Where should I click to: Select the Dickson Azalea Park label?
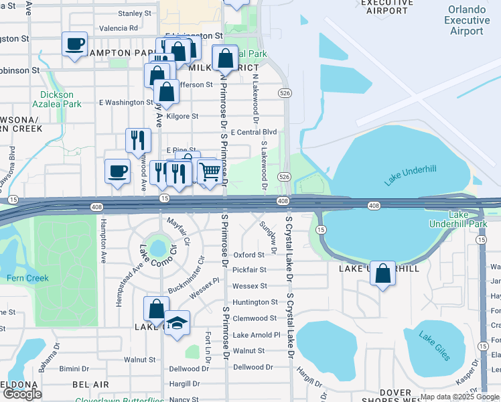tap(56, 99)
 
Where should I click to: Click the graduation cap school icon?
tap(177, 324)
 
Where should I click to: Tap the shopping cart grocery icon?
tap(210, 172)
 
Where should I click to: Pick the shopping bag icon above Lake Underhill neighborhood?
tap(382, 273)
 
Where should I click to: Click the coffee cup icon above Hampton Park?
tap(74, 44)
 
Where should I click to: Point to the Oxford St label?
tap(248, 255)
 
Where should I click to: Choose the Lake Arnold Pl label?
tap(256, 334)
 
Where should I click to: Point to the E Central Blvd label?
tap(253, 133)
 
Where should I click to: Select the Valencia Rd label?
tap(118, 29)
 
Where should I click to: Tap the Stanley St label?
tap(135, 13)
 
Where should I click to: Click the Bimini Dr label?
tap(74, 368)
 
